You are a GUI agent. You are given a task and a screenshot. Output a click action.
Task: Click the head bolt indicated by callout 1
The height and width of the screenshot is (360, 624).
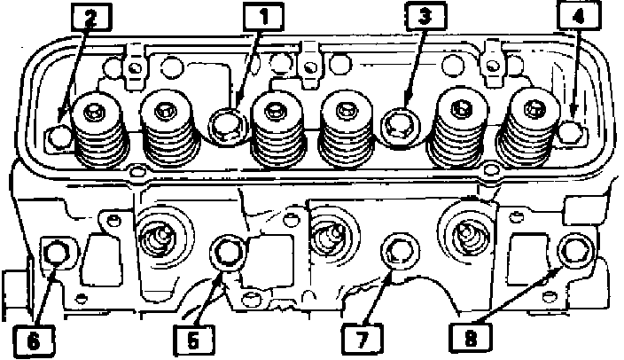(x=226, y=123)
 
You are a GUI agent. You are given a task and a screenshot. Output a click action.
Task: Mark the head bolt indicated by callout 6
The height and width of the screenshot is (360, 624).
(x=55, y=254)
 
